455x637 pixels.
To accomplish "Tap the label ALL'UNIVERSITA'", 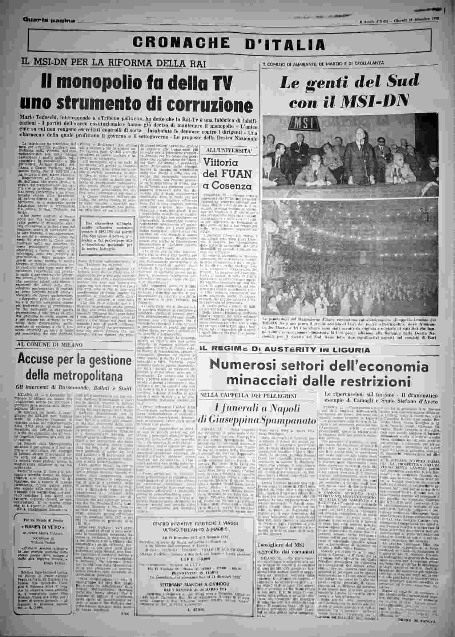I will click(227, 150).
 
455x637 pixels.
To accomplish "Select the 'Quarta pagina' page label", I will click(49, 20).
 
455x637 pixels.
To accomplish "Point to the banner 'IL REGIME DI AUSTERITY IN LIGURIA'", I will click(285, 350).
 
